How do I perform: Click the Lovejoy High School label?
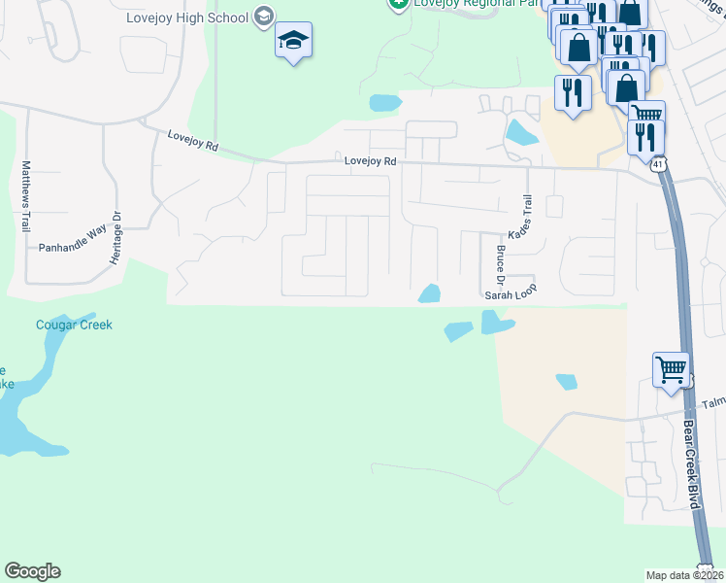(x=187, y=17)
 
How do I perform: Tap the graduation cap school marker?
(x=293, y=41)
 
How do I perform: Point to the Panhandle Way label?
(x=72, y=248)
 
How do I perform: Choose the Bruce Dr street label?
(x=501, y=263)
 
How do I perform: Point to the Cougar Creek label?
(x=74, y=325)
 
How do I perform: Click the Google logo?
(x=32, y=571)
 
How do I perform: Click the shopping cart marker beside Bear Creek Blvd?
(x=671, y=371)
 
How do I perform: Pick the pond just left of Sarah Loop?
(x=429, y=292)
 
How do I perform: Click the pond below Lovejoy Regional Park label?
(x=384, y=102)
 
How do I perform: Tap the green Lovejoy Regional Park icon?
(x=396, y=4)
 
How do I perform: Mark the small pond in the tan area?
(x=566, y=382)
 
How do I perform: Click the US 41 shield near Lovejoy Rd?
(x=658, y=164)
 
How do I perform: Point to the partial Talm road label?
(x=713, y=402)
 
